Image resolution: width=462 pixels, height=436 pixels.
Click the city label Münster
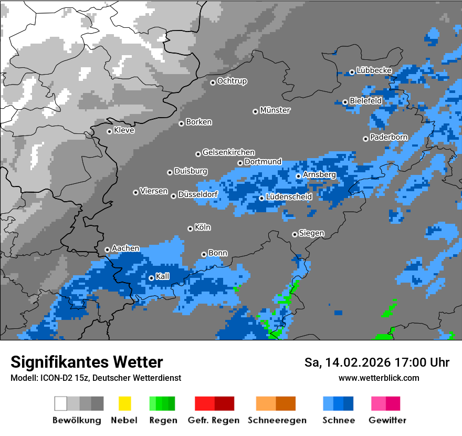tap(275, 110)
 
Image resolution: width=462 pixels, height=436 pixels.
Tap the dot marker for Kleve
tap(109, 131)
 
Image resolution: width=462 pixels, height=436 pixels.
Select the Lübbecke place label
tap(374, 70)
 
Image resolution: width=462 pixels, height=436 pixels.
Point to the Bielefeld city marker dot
tap(345, 102)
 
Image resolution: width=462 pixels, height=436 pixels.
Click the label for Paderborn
tap(388, 137)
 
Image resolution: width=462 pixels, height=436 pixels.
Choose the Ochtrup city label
tap(232, 81)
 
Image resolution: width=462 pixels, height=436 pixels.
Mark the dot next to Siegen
tap(295, 234)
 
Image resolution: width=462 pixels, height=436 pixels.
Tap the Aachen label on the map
tap(125, 248)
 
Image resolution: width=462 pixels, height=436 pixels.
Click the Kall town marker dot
tap(151, 278)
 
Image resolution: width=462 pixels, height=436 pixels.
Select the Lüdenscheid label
tap(289, 196)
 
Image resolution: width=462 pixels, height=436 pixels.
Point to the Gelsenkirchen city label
tap(228, 152)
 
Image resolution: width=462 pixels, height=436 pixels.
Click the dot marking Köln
tap(190, 229)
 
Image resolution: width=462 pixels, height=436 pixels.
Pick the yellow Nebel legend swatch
tap(124, 403)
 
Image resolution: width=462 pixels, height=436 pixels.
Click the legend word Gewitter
tap(387, 420)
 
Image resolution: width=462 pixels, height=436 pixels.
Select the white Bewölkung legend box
tap(61, 403)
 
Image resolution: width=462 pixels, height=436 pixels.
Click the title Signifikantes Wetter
tap(87, 362)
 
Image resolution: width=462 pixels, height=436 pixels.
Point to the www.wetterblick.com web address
tap(379, 378)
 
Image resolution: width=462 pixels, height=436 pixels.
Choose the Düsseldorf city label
tap(198, 194)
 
